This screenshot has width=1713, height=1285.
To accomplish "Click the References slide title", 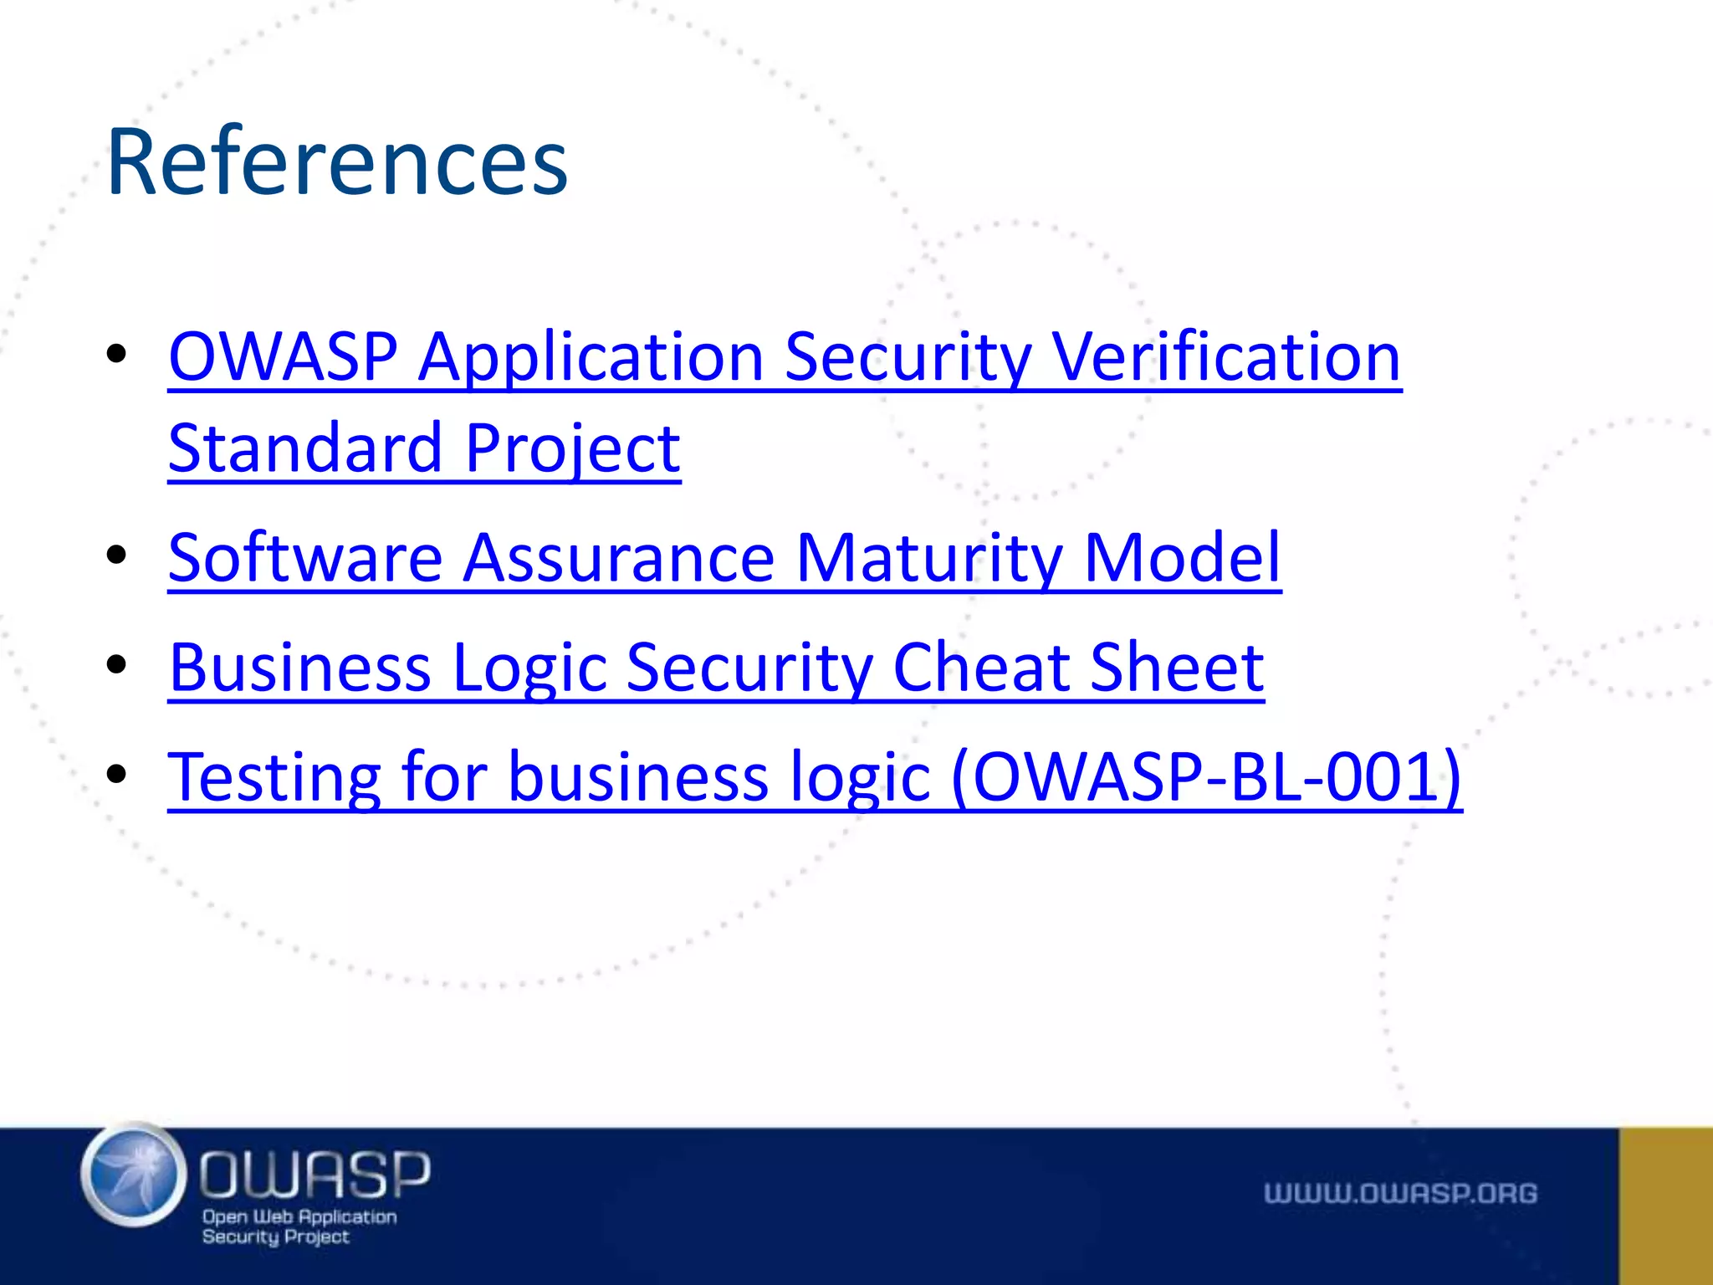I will point(337,161).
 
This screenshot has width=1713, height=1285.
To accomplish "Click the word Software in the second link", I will point(305,558).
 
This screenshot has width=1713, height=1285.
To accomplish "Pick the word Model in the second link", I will point(1182,558).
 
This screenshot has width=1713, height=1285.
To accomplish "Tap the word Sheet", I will point(1177,668).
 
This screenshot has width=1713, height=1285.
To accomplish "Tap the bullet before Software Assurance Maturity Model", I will point(116,555).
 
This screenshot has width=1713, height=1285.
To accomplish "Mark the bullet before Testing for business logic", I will point(116,774).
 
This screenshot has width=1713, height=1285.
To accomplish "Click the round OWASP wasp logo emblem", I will point(134,1175).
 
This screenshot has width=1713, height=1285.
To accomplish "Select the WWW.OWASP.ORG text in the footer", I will point(1400,1193).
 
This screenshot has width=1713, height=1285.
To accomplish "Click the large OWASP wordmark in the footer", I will point(314,1173).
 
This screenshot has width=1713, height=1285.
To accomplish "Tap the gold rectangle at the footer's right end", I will point(1665,1206).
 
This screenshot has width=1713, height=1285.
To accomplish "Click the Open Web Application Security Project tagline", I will point(299,1226).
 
